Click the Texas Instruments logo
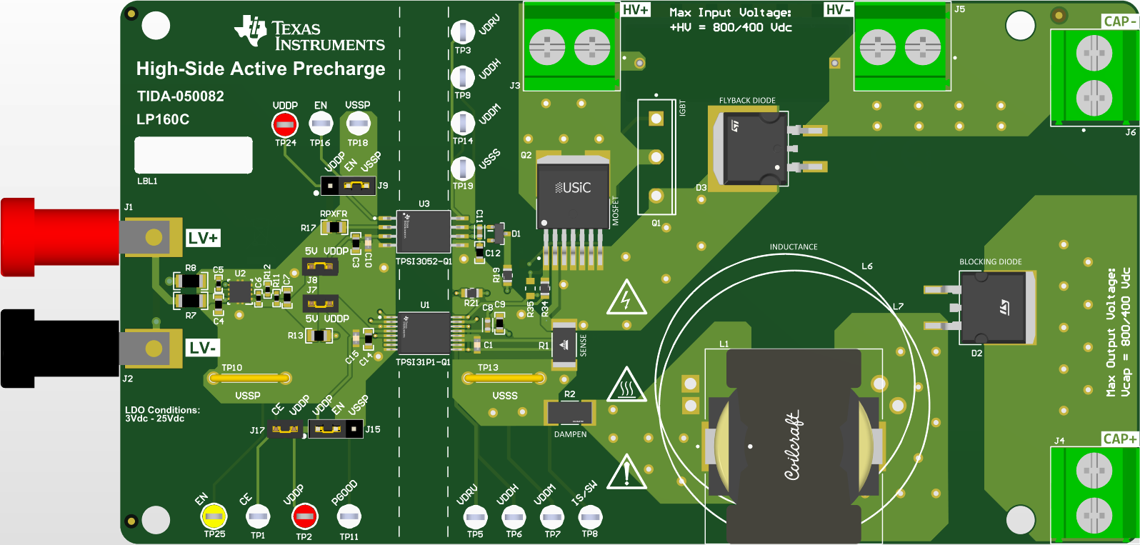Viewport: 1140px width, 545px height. (309, 34)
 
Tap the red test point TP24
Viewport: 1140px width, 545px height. (285, 124)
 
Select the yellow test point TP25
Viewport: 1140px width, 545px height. (214, 516)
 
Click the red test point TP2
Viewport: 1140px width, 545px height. (304, 516)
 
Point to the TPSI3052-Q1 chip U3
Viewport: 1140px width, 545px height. (424, 231)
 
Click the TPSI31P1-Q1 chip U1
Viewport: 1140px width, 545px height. (424, 333)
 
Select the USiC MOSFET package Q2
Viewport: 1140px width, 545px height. (573, 194)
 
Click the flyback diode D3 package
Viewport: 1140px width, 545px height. (754, 148)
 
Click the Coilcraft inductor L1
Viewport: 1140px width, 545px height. (793, 446)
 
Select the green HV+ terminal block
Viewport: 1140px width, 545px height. (570, 46)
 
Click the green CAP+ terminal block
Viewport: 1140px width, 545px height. (1093, 493)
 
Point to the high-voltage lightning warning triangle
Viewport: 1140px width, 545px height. (626, 298)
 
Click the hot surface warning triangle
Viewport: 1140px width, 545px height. (626, 386)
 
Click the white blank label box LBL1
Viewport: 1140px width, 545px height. (194, 155)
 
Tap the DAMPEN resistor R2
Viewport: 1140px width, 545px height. (569, 412)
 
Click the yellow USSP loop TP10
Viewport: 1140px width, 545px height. (249, 378)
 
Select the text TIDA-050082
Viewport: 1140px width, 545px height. (181, 96)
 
